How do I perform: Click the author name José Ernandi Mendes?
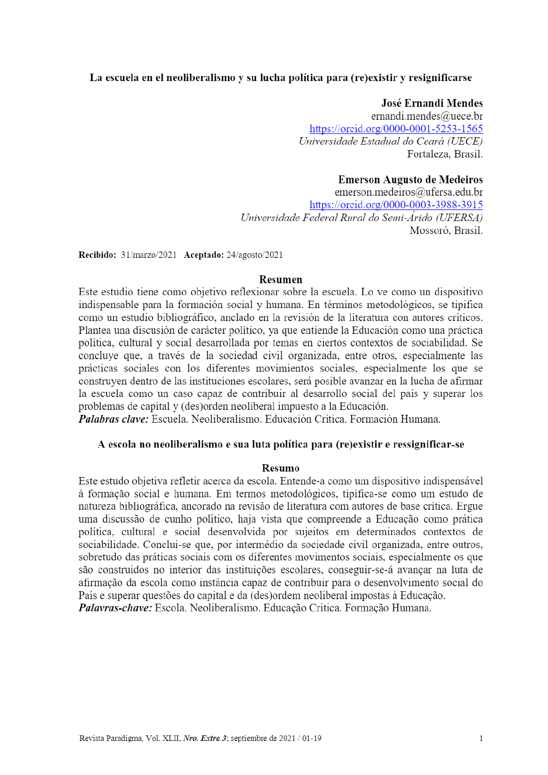tap(431, 103)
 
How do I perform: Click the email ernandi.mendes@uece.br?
tap(426, 116)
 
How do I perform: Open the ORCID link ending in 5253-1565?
tap(396, 129)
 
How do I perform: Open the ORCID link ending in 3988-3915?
tap(396, 205)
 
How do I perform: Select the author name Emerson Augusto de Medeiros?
tap(410, 180)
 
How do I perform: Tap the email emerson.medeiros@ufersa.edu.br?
tap(408, 192)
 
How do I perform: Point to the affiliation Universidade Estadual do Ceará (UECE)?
tap(391, 141)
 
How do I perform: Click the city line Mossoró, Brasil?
tap(446, 230)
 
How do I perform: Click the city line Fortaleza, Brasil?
tap(444, 154)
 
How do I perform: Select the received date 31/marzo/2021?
tap(148, 255)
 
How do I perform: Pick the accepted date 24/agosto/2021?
tap(254, 255)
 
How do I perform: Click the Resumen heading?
tap(280, 280)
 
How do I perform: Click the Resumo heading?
tap(280, 468)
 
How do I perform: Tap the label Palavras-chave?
tap(115, 608)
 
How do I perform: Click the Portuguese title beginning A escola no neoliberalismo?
tap(280, 444)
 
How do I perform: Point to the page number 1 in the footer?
tap(481, 739)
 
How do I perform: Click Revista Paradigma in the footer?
tap(111, 739)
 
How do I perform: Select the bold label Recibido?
tap(97, 255)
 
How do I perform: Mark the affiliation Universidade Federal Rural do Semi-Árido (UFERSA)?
tap(361, 218)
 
